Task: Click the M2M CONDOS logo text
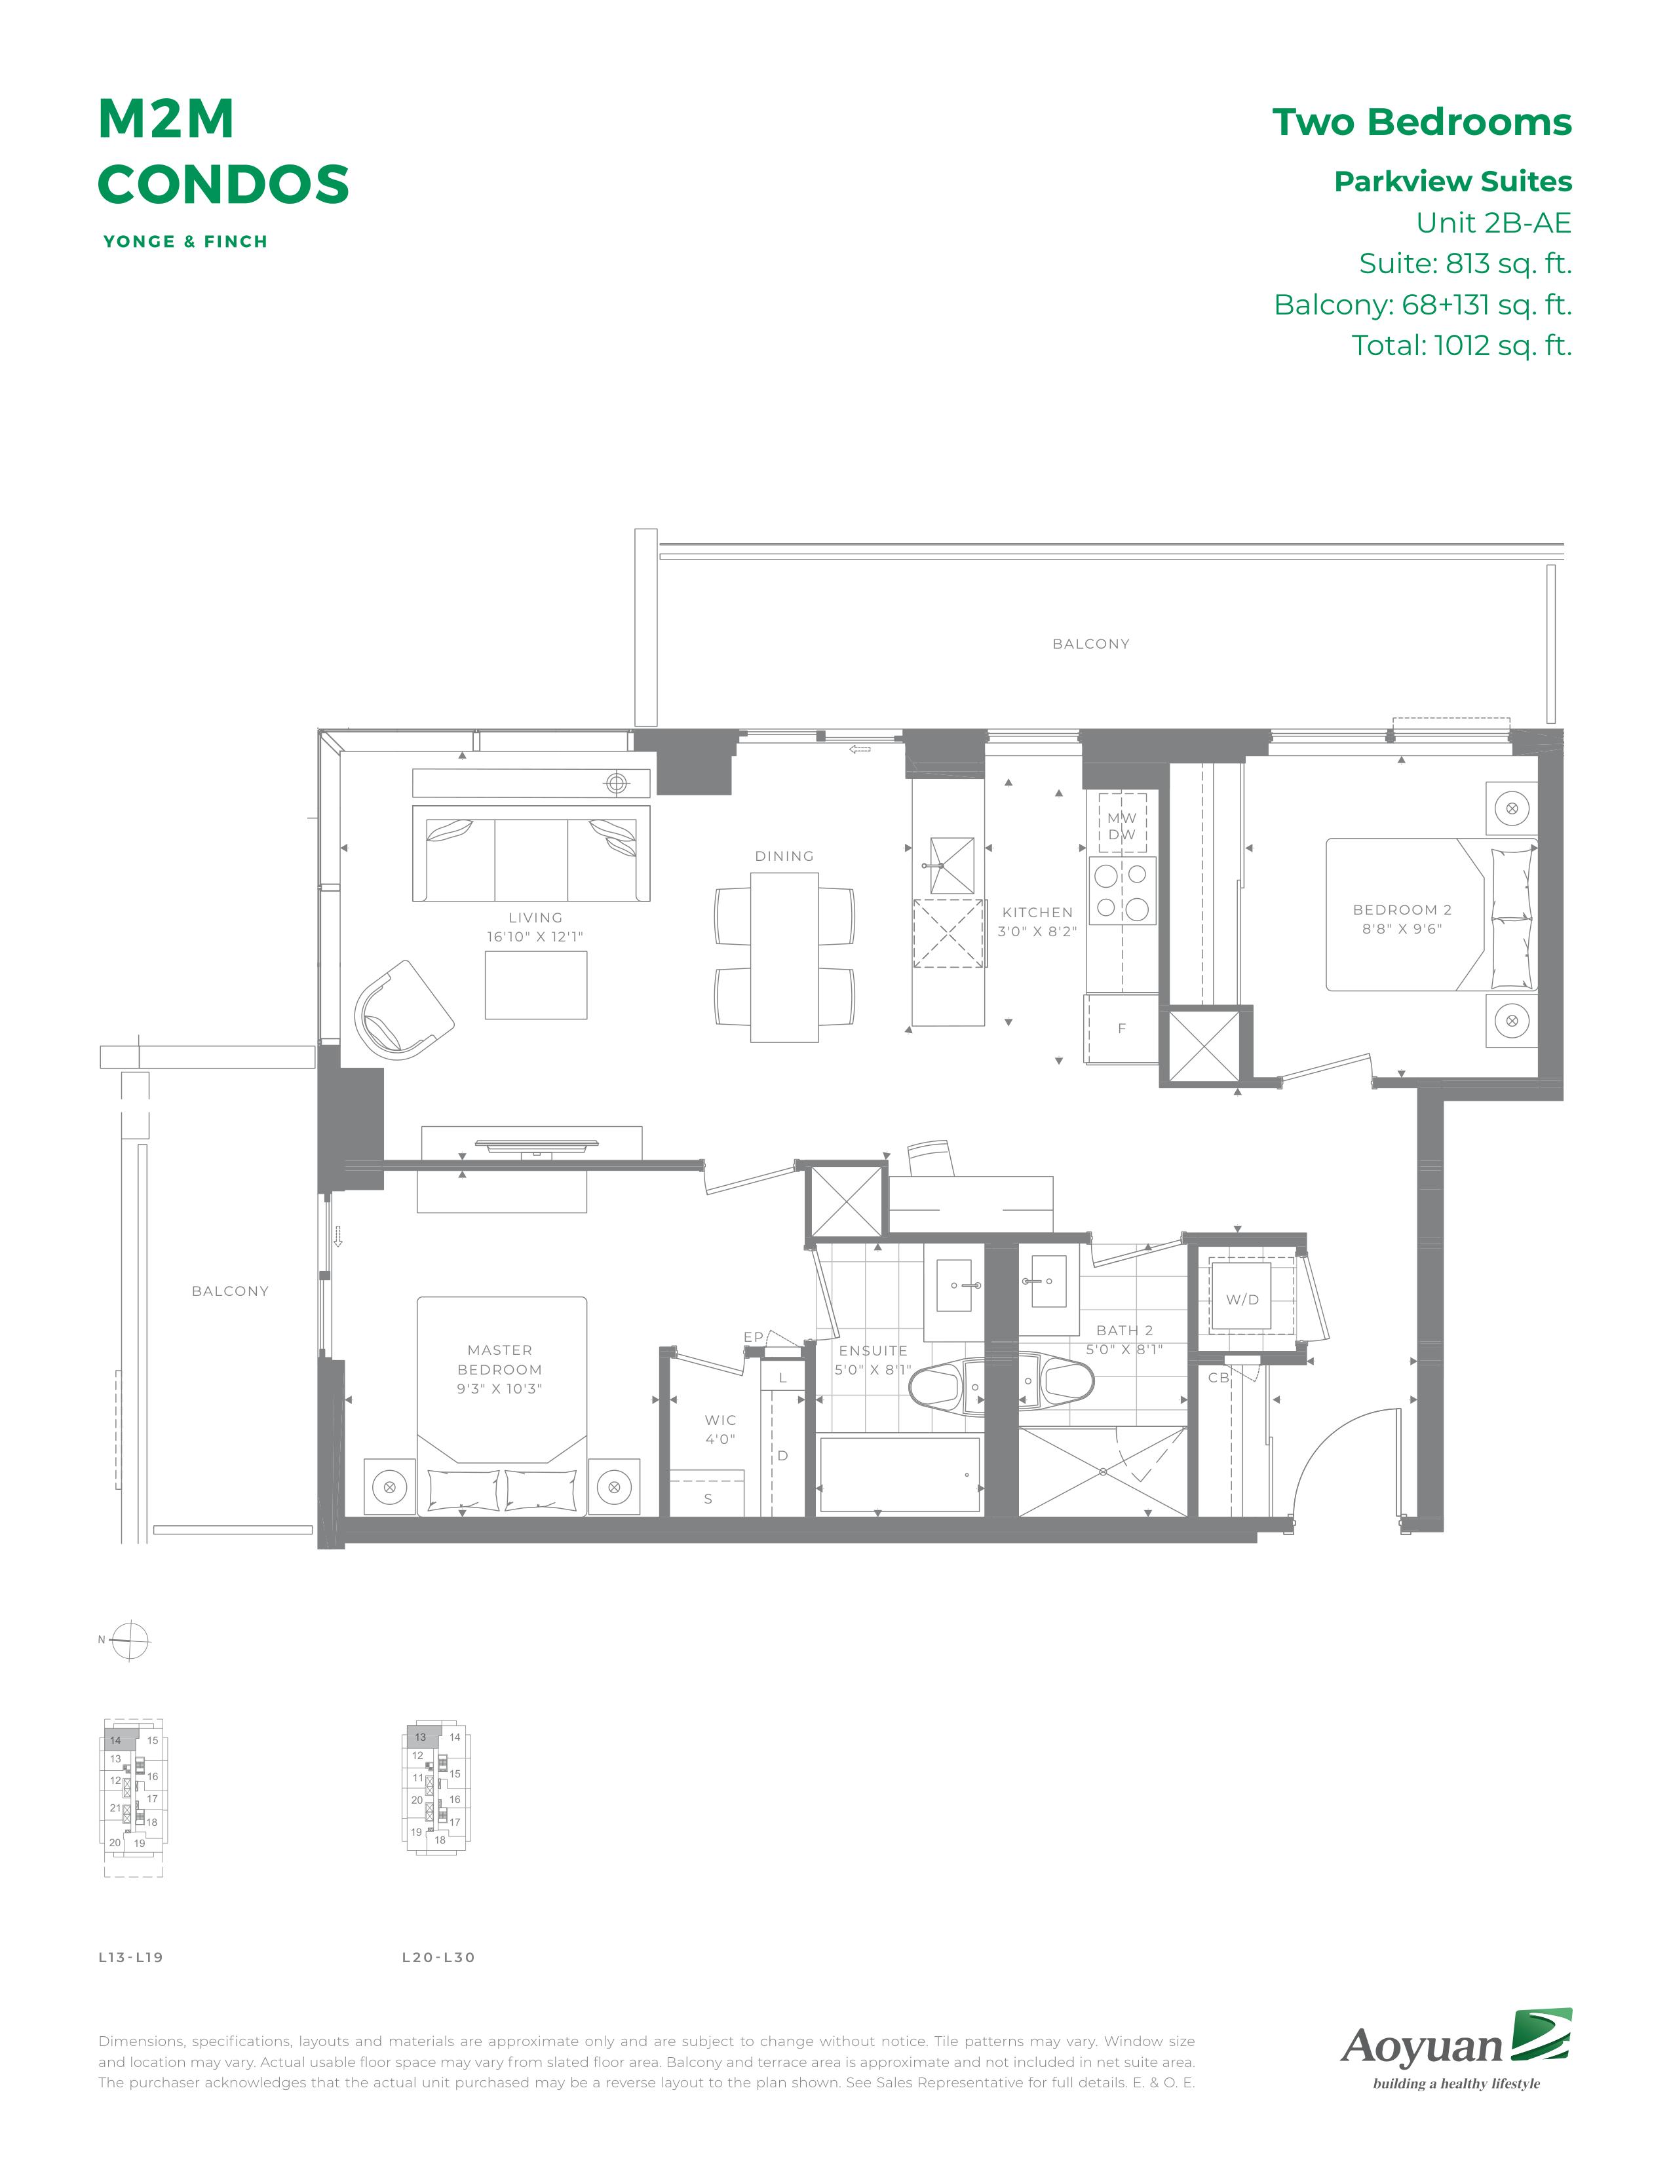click(x=223, y=151)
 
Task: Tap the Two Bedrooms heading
click(x=1421, y=122)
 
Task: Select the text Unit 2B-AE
click(x=1494, y=223)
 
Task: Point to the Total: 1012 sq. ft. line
click(x=1462, y=345)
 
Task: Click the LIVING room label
click(x=535, y=918)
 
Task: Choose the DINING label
click(x=784, y=856)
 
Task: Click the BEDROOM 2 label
click(x=1402, y=910)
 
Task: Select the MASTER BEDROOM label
click(x=500, y=1360)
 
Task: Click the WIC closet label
click(x=721, y=1420)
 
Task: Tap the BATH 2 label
click(x=1124, y=1331)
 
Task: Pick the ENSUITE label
click(x=873, y=1350)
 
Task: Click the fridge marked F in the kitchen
click(x=1122, y=1029)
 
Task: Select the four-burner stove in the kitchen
click(x=1123, y=891)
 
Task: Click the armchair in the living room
click(x=404, y=1009)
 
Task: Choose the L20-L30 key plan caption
click(x=438, y=1957)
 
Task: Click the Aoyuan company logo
click(x=1456, y=2048)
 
